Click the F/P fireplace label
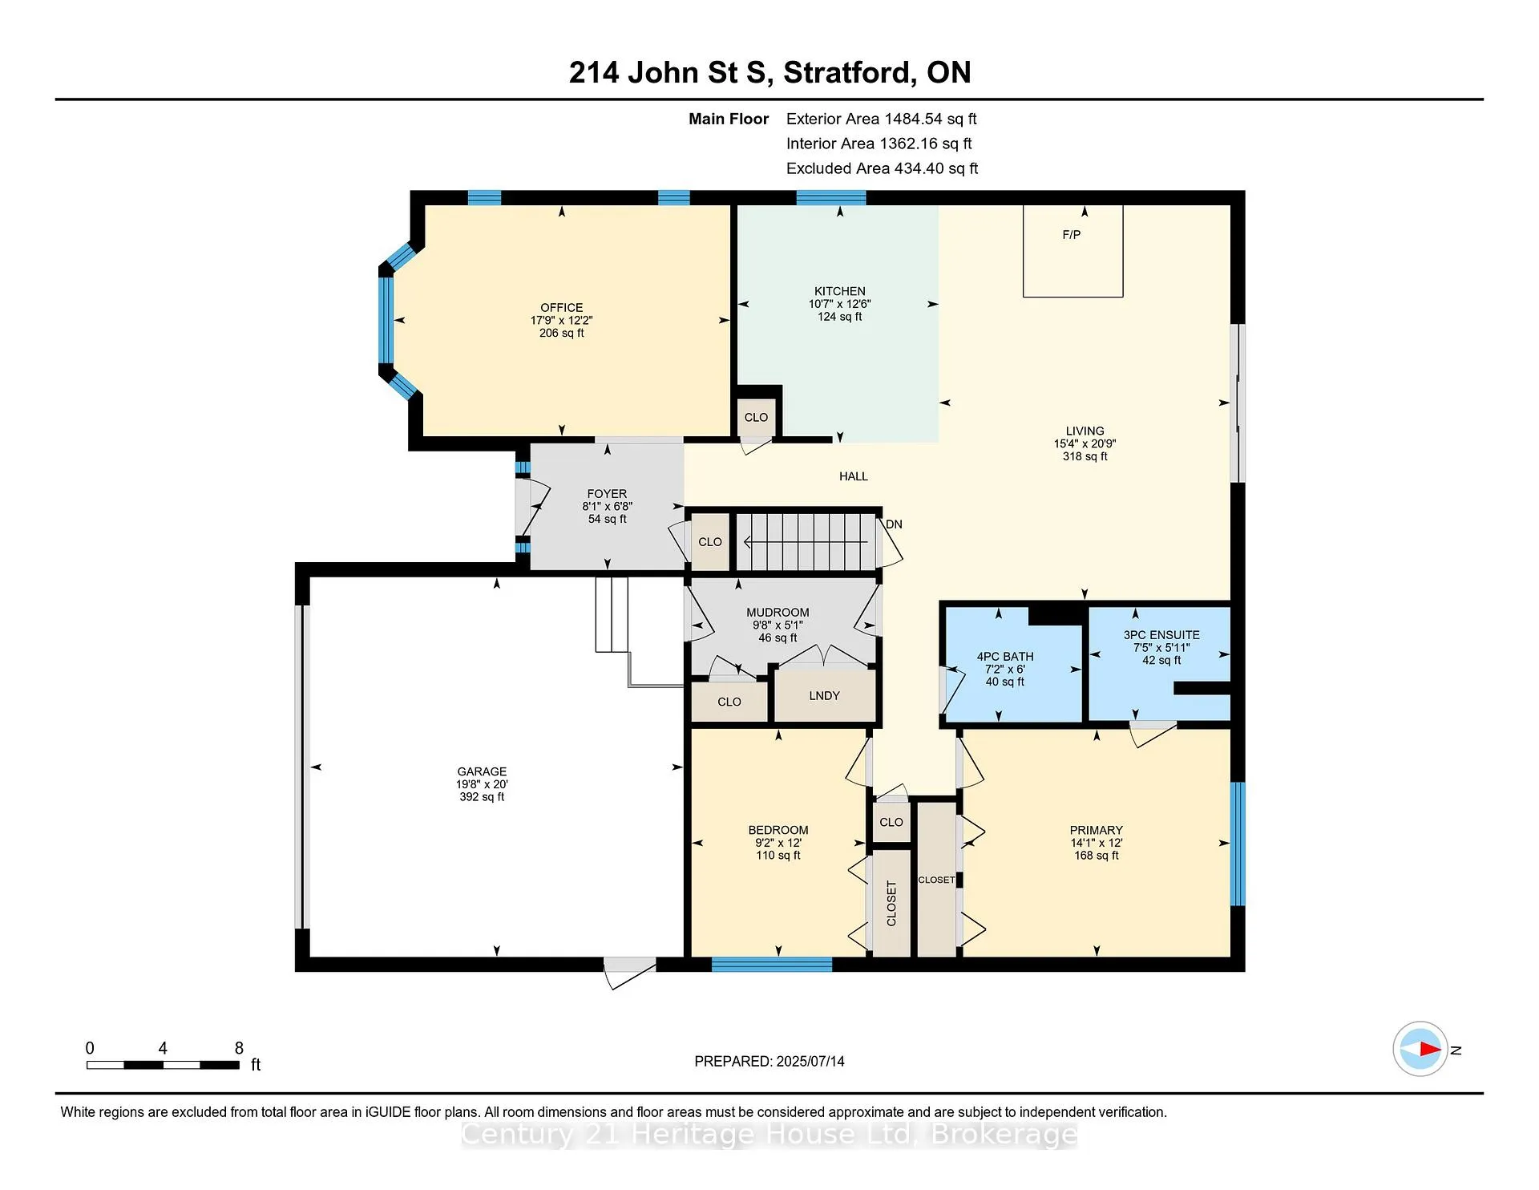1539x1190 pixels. tap(1072, 235)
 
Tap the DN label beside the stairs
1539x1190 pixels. tap(894, 524)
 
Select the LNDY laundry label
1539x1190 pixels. tap(824, 696)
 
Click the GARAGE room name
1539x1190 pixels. tap(482, 771)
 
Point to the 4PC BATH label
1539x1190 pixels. tap(1005, 657)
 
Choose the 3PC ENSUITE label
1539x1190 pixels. tap(1161, 635)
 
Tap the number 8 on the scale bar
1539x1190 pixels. tap(239, 1048)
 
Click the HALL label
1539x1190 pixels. tap(854, 476)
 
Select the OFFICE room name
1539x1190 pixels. tap(561, 308)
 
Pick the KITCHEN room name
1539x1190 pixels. tap(840, 292)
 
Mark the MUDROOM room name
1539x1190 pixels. tap(778, 613)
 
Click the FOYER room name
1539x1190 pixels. tap(607, 494)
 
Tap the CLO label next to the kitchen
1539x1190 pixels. tap(756, 418)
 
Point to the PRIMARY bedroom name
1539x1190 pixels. tap(1097, 831)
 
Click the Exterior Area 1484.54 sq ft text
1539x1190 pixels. tap(882, 119)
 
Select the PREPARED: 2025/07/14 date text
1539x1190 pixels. tap(769, 1062)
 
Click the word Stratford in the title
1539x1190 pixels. tap(850, 73)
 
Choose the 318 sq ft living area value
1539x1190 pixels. tap(1085, 456)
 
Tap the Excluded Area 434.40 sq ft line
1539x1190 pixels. tap(883, 169)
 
